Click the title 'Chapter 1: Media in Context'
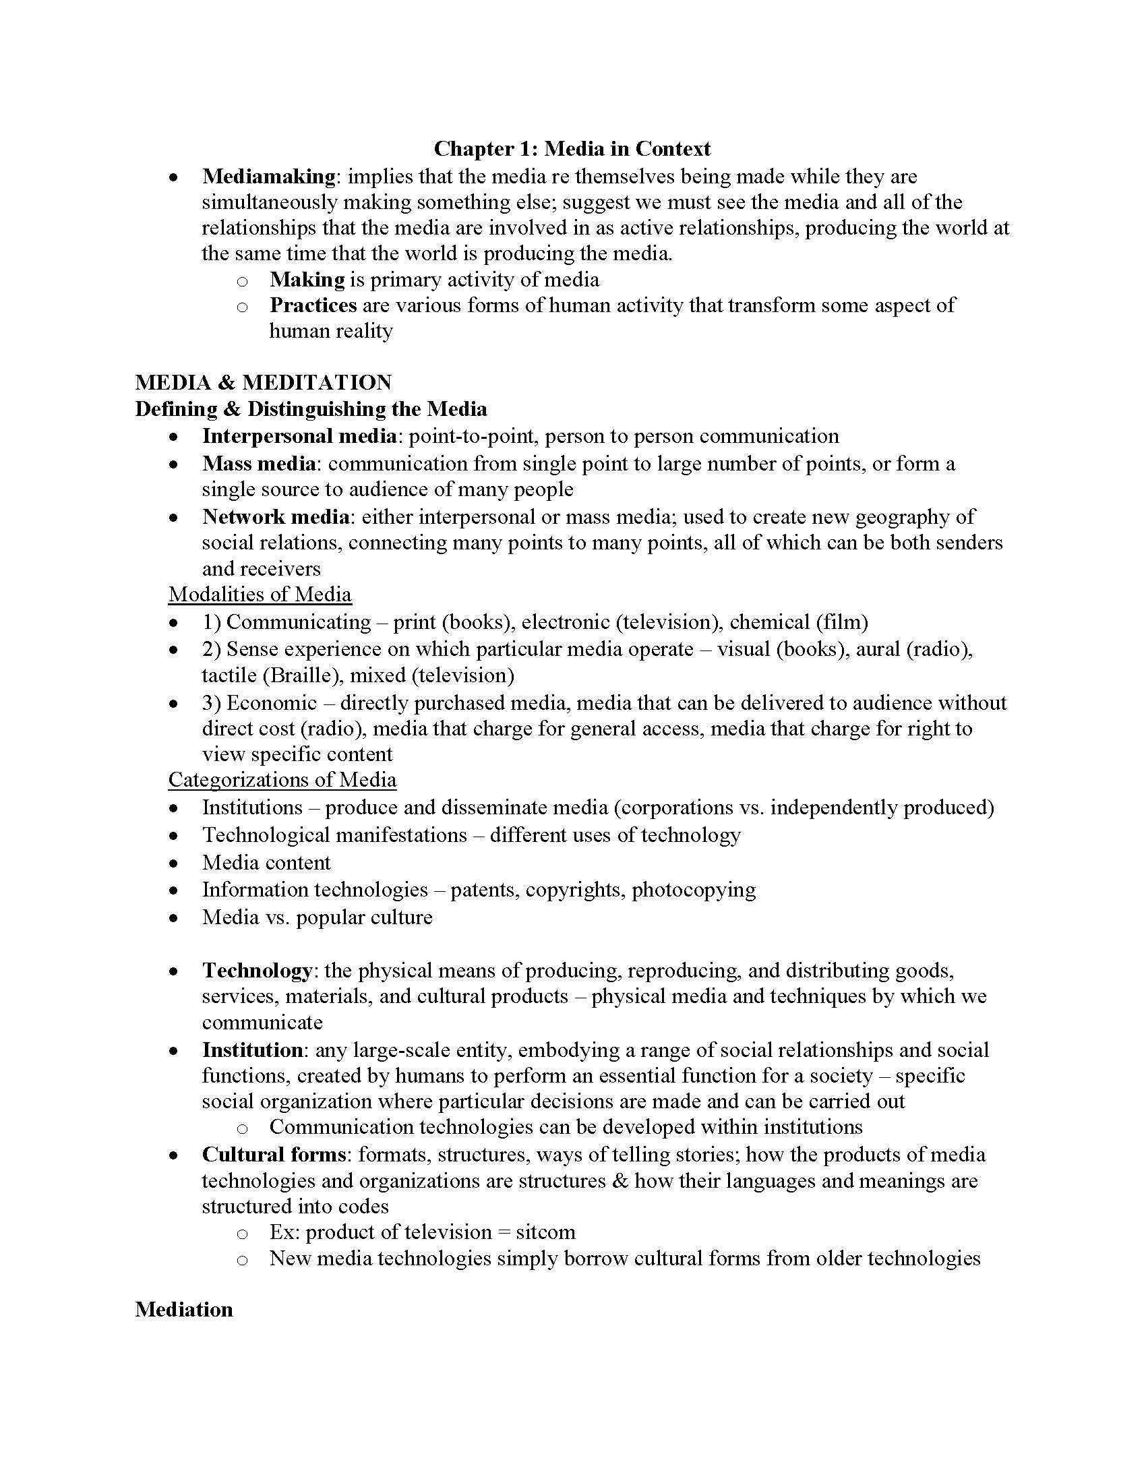tap(572, 148)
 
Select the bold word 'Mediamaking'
tap(268, 177)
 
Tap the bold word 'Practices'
tap(313, 305)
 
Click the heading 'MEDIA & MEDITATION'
tap(264, 382)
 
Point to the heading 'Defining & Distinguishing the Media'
tap(311, 408)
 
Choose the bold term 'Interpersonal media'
tap(299, 436)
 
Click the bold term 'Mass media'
tap(259, 464)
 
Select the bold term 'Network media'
tap(276, 517)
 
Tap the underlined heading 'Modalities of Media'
tap(260, 594)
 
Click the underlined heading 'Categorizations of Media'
tap(282, 779)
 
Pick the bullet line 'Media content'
tap(266, 862)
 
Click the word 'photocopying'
tap(693, 890)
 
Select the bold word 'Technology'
tap(258, 970)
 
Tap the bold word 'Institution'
tap(253, 1050)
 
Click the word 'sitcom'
tap(545, 1232)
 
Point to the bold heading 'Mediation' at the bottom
tap(184, 1309)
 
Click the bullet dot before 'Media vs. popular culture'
tap(175, 918)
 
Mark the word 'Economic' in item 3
tap(272, 703)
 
